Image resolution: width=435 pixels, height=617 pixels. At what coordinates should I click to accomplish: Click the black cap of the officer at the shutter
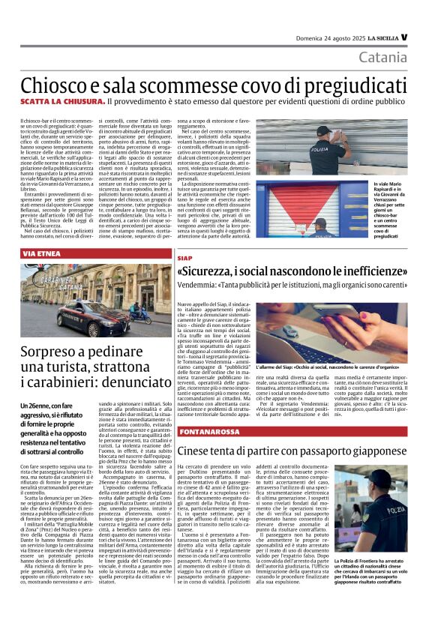324,129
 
